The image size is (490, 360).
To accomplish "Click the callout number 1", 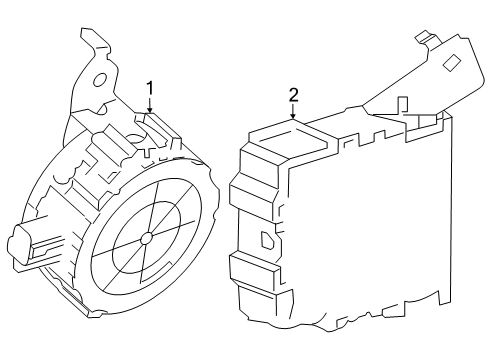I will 150,88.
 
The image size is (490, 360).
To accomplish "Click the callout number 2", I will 294,95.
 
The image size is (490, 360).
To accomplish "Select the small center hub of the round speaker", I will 147,238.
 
